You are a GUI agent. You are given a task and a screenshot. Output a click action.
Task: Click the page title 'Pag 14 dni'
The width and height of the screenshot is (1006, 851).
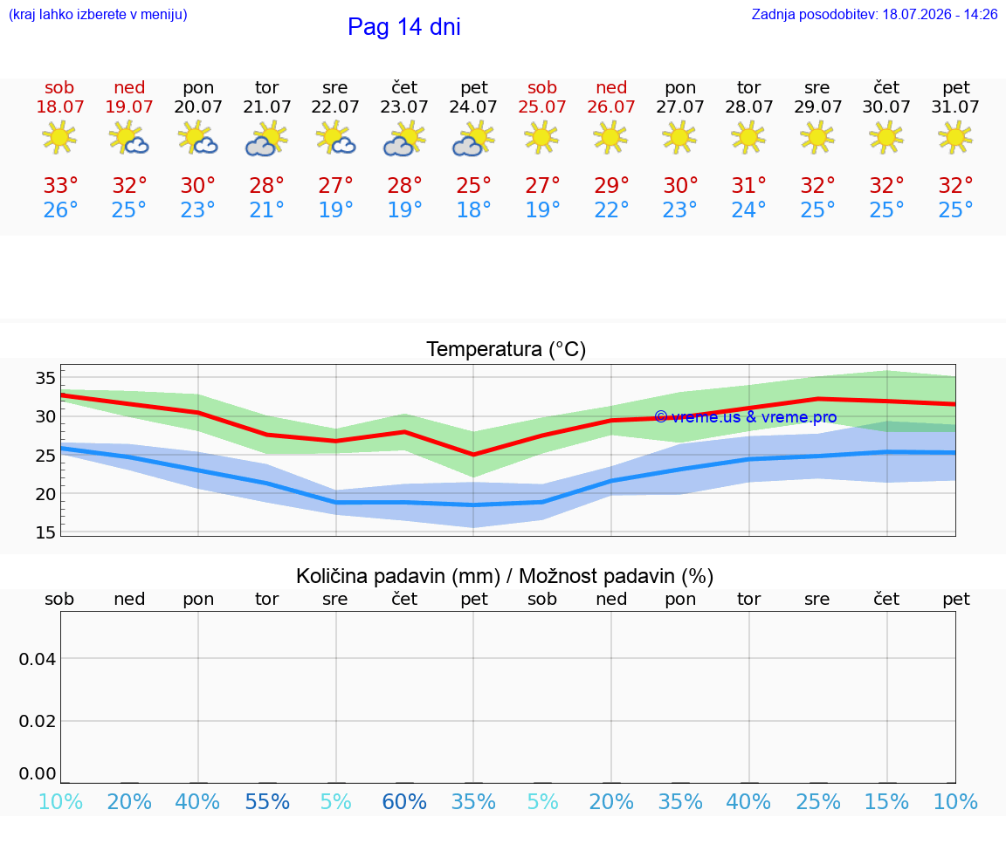click(404, 27)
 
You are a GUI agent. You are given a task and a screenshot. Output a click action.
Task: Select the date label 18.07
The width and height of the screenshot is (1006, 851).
click(59, 106)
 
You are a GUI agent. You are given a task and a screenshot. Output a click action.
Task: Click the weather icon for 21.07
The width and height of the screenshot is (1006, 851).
click(266, 139)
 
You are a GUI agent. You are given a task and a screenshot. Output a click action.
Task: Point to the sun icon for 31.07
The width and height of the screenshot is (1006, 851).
click(955, 137)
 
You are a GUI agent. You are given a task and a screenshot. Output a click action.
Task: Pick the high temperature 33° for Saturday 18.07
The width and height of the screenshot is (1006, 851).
click(60, 185)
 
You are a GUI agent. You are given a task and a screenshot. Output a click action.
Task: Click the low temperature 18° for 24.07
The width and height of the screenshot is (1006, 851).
click(473, 209)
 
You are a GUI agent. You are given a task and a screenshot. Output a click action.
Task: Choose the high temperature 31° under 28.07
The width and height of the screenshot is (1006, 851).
click(748, 185)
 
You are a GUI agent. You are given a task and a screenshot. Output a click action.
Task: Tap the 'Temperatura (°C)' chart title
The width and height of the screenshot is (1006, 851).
click(506, 349)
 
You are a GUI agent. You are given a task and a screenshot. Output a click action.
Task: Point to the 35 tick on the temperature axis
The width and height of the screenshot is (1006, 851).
click(45, 378)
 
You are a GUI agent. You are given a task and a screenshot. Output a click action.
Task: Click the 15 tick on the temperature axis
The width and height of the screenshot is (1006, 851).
click(45, 532)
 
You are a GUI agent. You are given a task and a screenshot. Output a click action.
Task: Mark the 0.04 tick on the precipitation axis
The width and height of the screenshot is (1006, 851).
click(38, 659)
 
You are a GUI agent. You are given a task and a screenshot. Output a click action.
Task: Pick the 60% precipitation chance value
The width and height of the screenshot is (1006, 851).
click(404, 801)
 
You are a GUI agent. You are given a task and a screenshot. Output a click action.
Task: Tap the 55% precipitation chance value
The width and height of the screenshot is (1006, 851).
click(267, 801)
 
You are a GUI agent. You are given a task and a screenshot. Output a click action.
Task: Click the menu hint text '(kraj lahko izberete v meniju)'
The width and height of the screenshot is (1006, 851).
click(98, 14)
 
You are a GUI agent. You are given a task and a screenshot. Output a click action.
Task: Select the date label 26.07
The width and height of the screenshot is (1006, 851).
click(610, 106)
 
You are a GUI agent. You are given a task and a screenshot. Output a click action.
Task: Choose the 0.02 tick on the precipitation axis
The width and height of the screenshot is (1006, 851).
click(38, 721)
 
